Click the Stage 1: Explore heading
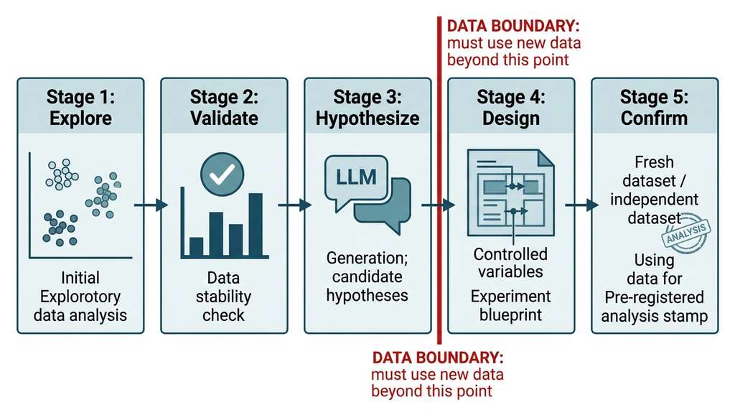pyautogui.click(x=80, y=108)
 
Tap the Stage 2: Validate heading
pyautogui.click(x=224, y=108)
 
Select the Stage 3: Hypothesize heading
pyautogui.click(x=367, y=108)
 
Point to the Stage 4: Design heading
pyautogui.click(x=511, y=108)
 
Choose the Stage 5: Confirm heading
pyautogui.click(x=655, y=108)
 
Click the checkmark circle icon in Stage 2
pyautogui.click(x=223, y=174)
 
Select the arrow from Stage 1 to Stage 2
pyautogui.click(x=151, y=205)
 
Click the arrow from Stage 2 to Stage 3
pyautogui.click(x=295, y=205)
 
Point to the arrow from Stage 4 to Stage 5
pyautogui.click(x=581, y=205)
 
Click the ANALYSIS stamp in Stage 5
pyautogui.click(x=686, y=233)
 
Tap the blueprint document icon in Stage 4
pyautogui.click(x=511, y=193)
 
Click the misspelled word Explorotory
pyautogui.click(x=80, y=297)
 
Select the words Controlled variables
pyautogui.click(x=510, y=263)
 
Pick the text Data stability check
pyautogui.click(x=224, y=297)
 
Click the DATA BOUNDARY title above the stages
pyautogui.click(x=513, y=25)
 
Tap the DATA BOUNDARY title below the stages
pyautogui.click(x=438, y=358)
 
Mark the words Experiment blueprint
pyautogui.click(x=510, y=305)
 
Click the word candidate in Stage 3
pyautogui.click(x=367, y=276)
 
